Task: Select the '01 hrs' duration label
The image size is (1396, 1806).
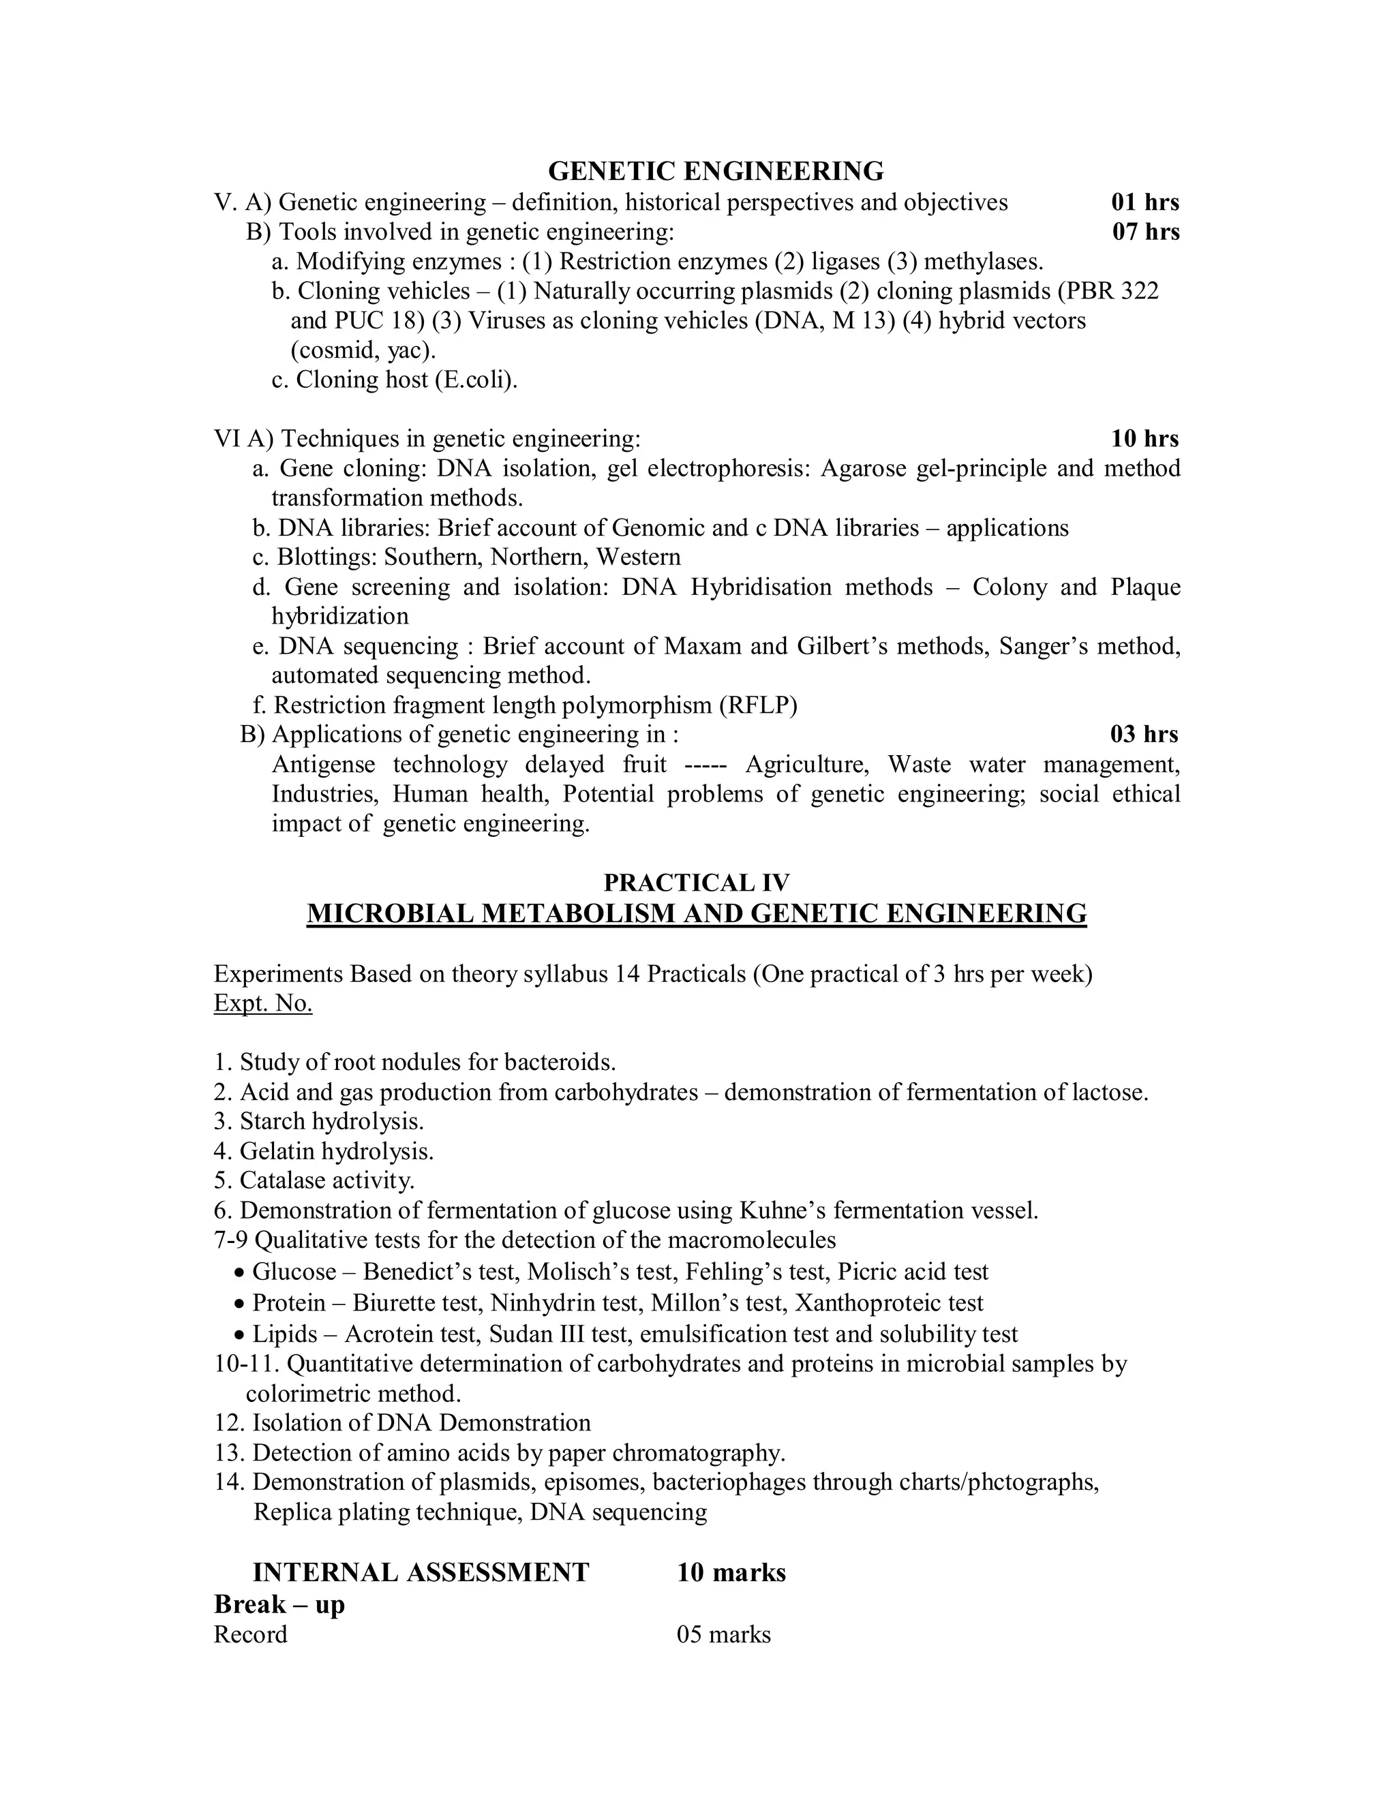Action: (1144, 202)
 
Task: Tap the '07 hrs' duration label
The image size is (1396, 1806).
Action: (1144, 232)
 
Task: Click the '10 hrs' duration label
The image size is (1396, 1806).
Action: (1144, 439)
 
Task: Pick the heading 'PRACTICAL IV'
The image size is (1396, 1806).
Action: (697, 883)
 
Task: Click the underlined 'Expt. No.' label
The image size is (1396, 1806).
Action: (263, 1004)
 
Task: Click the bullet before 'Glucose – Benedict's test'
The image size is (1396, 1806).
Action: (240, 1272)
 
